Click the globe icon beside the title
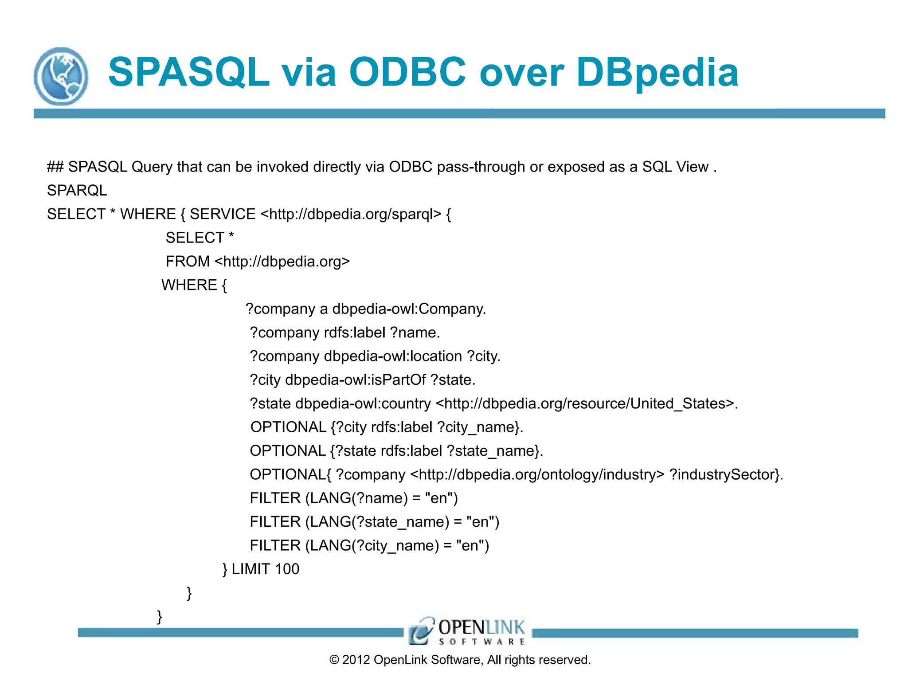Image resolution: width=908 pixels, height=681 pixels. click(61, 76)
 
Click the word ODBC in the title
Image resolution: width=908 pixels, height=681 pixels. click(407, 72)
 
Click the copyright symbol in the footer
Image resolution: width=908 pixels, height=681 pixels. click(334, 660)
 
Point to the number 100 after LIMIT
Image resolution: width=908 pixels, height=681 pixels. click(287, 569)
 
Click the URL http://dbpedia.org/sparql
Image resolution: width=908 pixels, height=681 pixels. click(351, 214)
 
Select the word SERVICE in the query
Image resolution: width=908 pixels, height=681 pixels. click(223, 214)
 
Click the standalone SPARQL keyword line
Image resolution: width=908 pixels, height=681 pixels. click(77, 191)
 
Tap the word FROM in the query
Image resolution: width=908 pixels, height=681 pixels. click(188, 262)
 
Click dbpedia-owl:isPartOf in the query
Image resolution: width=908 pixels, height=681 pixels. click(355, 380)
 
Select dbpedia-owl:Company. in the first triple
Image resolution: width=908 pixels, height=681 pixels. click(409, 309)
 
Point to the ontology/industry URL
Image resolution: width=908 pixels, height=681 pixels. click(537, 474)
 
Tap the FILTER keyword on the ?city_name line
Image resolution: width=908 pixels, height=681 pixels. click(275, 545)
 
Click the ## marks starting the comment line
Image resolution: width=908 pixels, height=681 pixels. click(55, 167)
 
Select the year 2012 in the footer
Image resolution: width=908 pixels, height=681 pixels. click(356, 660)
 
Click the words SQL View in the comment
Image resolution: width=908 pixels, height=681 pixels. click(675, 167)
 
